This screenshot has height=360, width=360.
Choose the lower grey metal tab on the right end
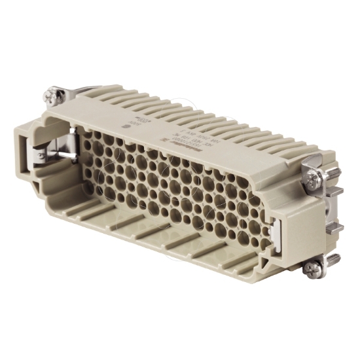pos(337,228)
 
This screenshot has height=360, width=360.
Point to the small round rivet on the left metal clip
pos(41,155)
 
